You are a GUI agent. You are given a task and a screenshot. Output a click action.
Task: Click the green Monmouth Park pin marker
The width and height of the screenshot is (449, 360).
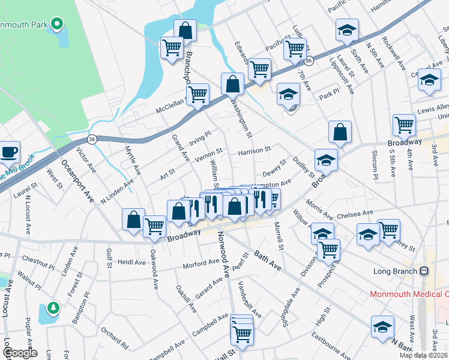coord(57,25)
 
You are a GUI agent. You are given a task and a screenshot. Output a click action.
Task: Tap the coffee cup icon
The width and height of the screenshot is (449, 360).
coord(10,152)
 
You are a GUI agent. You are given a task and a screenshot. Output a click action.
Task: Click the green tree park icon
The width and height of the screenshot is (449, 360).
coord(53,308)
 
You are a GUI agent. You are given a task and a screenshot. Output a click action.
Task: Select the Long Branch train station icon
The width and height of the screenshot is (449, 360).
coord(424,271)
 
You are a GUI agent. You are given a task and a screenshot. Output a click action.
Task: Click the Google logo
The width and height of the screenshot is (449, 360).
coord(19,353)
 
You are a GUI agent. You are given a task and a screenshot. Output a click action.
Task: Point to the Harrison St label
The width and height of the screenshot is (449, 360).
coord(255,149)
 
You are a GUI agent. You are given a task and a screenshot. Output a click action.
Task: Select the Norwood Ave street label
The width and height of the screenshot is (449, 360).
coord(223,254)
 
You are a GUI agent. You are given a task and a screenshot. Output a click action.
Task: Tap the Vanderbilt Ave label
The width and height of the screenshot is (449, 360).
coord(249,299)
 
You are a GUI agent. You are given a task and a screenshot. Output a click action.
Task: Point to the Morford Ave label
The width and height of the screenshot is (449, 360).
coord(201,263)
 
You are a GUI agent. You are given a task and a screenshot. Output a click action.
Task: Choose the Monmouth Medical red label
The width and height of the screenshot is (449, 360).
coord(408,294)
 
